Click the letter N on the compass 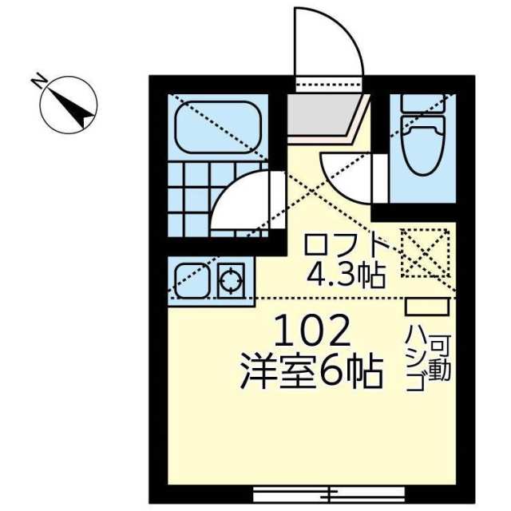pos(39,81)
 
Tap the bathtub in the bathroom pos(218,127)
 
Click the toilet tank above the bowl pos(423,103)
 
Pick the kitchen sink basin pos(192,280)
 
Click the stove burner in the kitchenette pos(231,280)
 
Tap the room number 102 pos(312,331)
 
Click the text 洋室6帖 pos(311,373)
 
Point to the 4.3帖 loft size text pos(346,275)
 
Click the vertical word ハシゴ pos(415,362)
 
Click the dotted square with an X pos(425,253)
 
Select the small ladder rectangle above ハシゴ pos(427,307)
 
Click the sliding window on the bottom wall pos(329,495)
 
